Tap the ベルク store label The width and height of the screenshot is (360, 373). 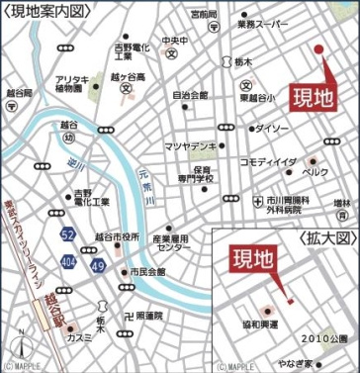(x=314, y=171)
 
